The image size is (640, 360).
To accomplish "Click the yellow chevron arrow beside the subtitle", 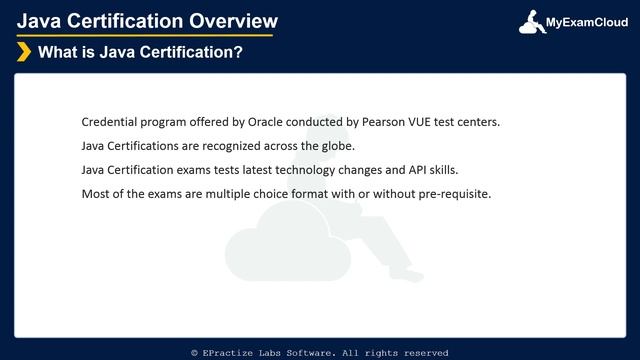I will [x=23, y=52].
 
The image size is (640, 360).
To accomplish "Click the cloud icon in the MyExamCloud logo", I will [x=531, y=22].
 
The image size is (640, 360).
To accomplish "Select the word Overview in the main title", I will [x=230, y=21].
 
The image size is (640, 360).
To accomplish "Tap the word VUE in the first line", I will [x=408, y=122].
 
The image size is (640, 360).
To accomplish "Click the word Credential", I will [x=110, y=122].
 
